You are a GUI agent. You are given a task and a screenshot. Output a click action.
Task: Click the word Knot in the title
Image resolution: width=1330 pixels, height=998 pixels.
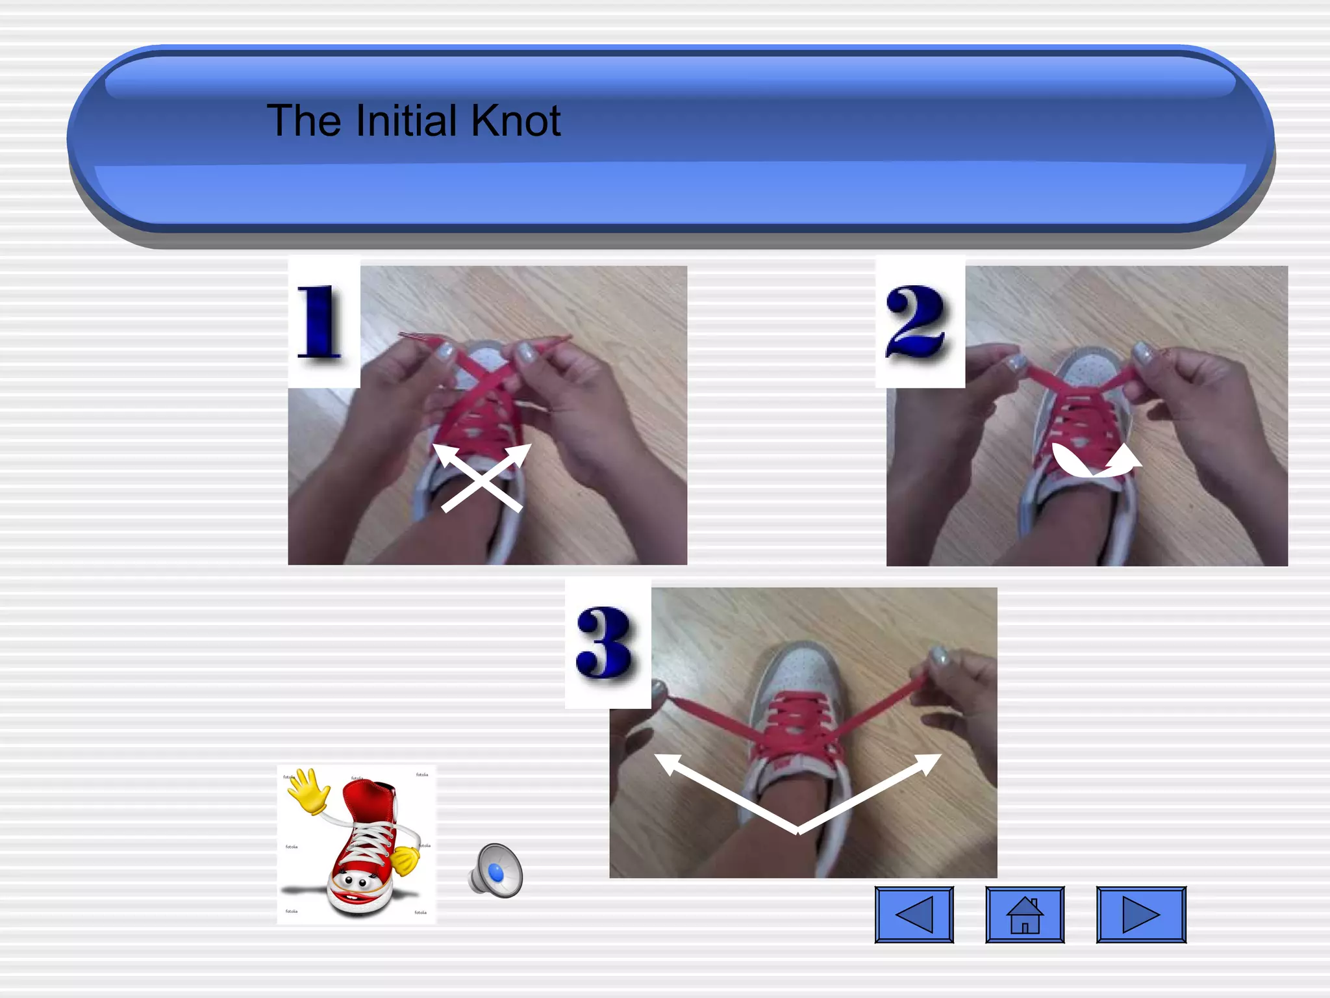pyautogui.click(x=516, y=121)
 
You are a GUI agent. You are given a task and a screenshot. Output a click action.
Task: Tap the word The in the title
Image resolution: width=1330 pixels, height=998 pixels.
pyautogui.click(x=303, y=121)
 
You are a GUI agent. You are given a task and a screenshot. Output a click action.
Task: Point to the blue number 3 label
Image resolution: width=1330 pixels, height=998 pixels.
pyautogui.click(x=605, y=643)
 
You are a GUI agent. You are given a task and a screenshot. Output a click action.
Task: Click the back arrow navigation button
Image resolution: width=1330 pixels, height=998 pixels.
pyautogui.click(x=914, y=914)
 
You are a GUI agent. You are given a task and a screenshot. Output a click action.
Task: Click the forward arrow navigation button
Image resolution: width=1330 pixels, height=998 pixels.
pyautogui.click(x=1141, y=914)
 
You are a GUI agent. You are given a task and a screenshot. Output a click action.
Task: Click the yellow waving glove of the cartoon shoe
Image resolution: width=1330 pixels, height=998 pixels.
pyautogui.click(x=308, y=789)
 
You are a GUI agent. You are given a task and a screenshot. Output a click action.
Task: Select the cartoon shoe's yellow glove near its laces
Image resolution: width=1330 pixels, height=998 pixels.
pyautogui.click(x=406, y=860)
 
